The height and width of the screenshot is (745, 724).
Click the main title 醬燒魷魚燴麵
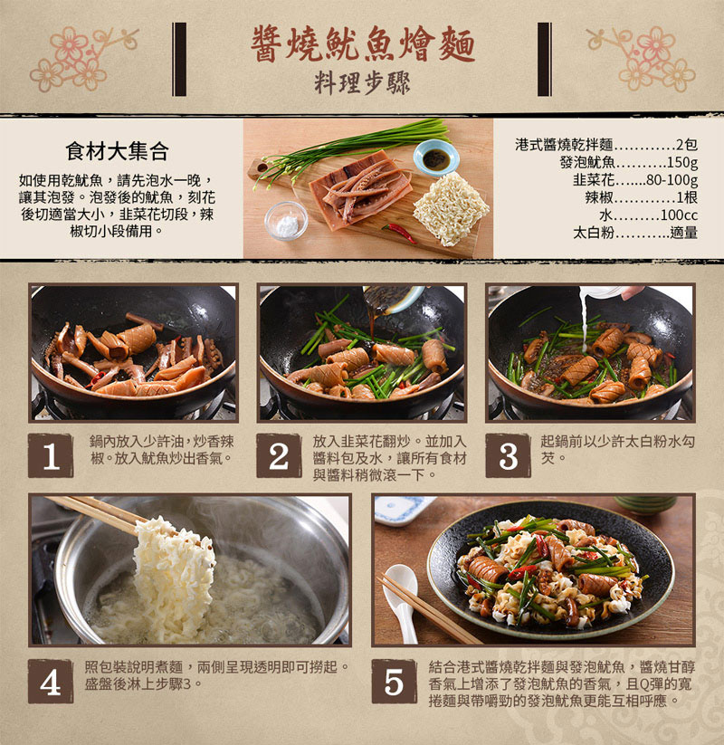pyautogui.click(x=362, y=43)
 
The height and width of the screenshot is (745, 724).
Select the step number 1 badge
pyautogui.click(x=51, y=455)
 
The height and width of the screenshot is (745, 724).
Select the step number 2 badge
pyautogui.click(x=279, y=455)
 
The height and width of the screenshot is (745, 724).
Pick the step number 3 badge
pyautogui.click(x=508, y=455)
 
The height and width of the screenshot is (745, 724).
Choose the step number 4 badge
pyautogui.click(x=51, y=682)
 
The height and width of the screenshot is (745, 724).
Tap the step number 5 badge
pyautogui.click(x=394, y=682)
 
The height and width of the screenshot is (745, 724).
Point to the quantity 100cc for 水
pyautogui.click(x=679, y=215)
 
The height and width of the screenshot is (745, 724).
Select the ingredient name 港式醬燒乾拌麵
pyautogui.click(x=564, y=145)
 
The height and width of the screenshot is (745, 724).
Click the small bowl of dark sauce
pyautogui.click(x=435, y=158)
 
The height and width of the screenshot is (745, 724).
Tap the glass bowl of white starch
pyautogui.click(x=286, y=220)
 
